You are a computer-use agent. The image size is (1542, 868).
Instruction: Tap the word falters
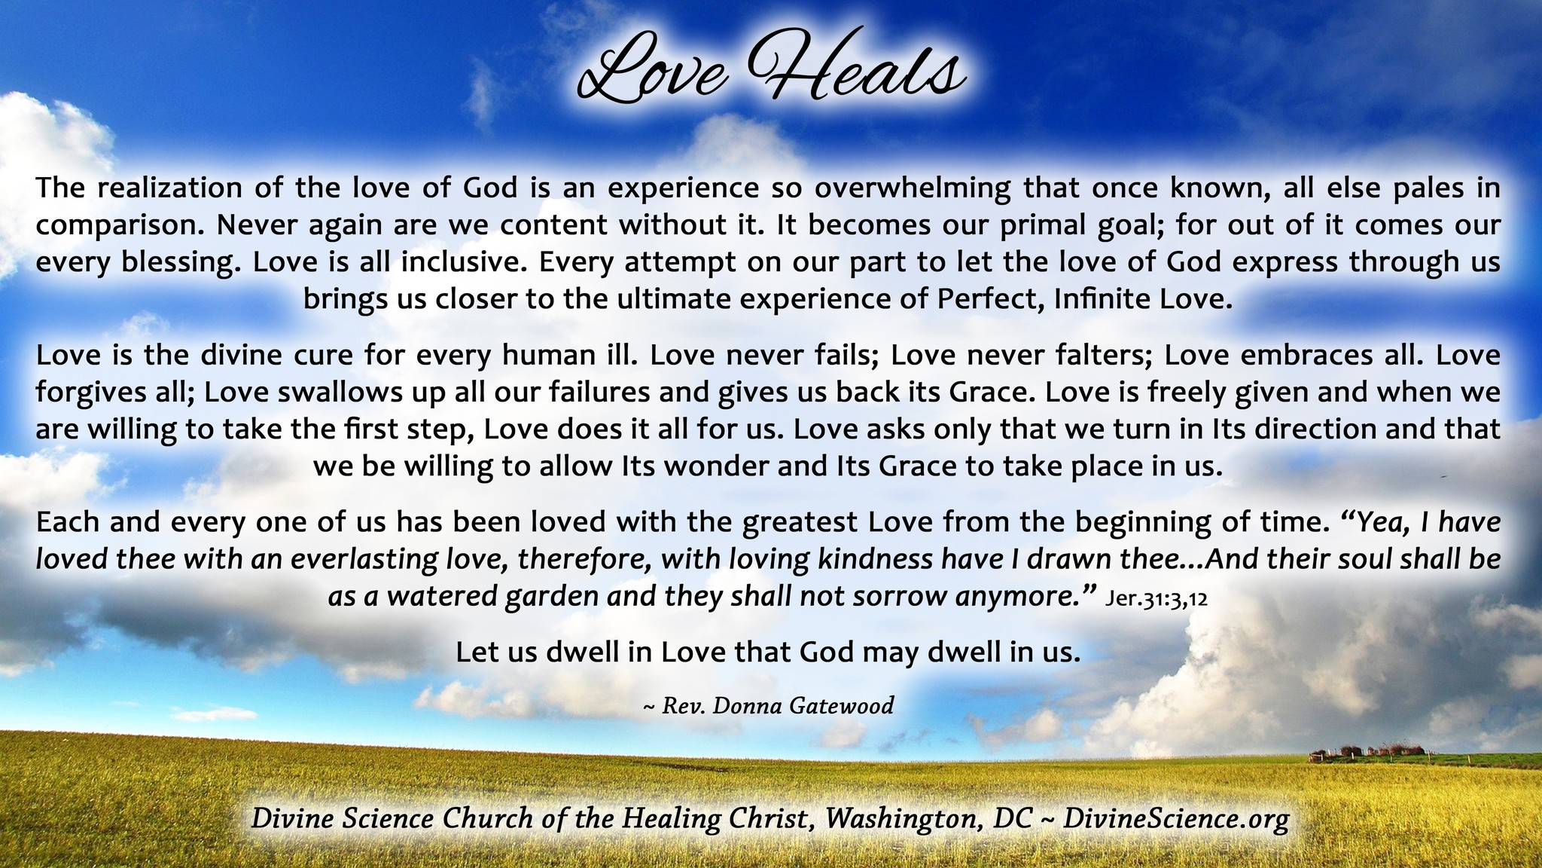(1096, 355)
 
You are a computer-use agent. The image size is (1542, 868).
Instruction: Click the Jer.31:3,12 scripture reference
(1156, 600)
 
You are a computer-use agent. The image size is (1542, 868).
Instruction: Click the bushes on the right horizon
(1368, 751)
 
